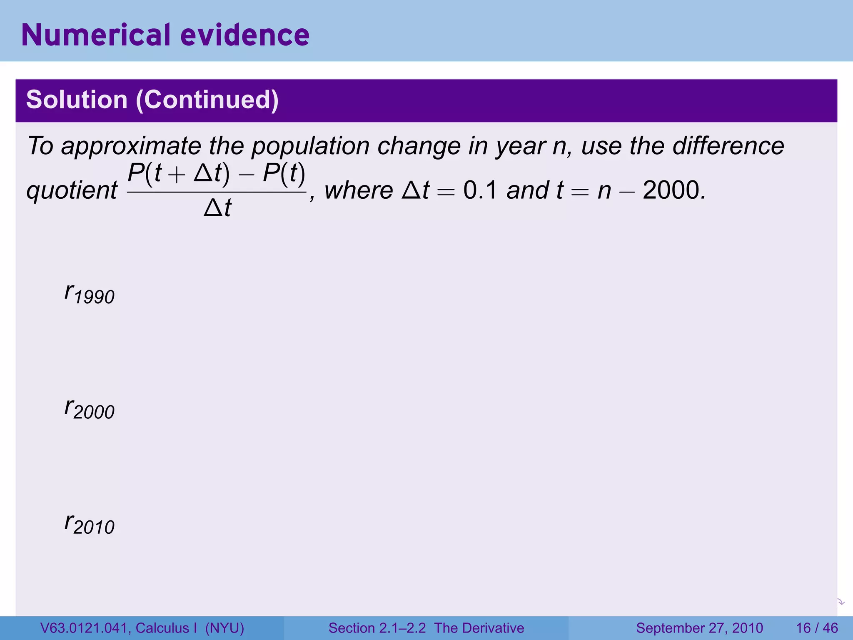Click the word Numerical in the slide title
click(96, 35)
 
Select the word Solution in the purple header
click(77, 100)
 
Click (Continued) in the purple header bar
click(207, 100)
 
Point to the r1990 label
click(89, 293)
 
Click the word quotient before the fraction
click(72, 191)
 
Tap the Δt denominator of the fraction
click(217, 207)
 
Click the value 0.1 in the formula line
click(480, 190)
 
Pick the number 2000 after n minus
click(671, 190)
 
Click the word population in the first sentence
click(310, 146)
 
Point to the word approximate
click(131, 147)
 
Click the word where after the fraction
click(359, 190)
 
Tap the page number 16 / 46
click(817, 628)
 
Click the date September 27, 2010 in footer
click(699, 628)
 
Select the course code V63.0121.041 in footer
click(85, 628)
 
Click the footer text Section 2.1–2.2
click(377, 628)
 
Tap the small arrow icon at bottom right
click(841, 602)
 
